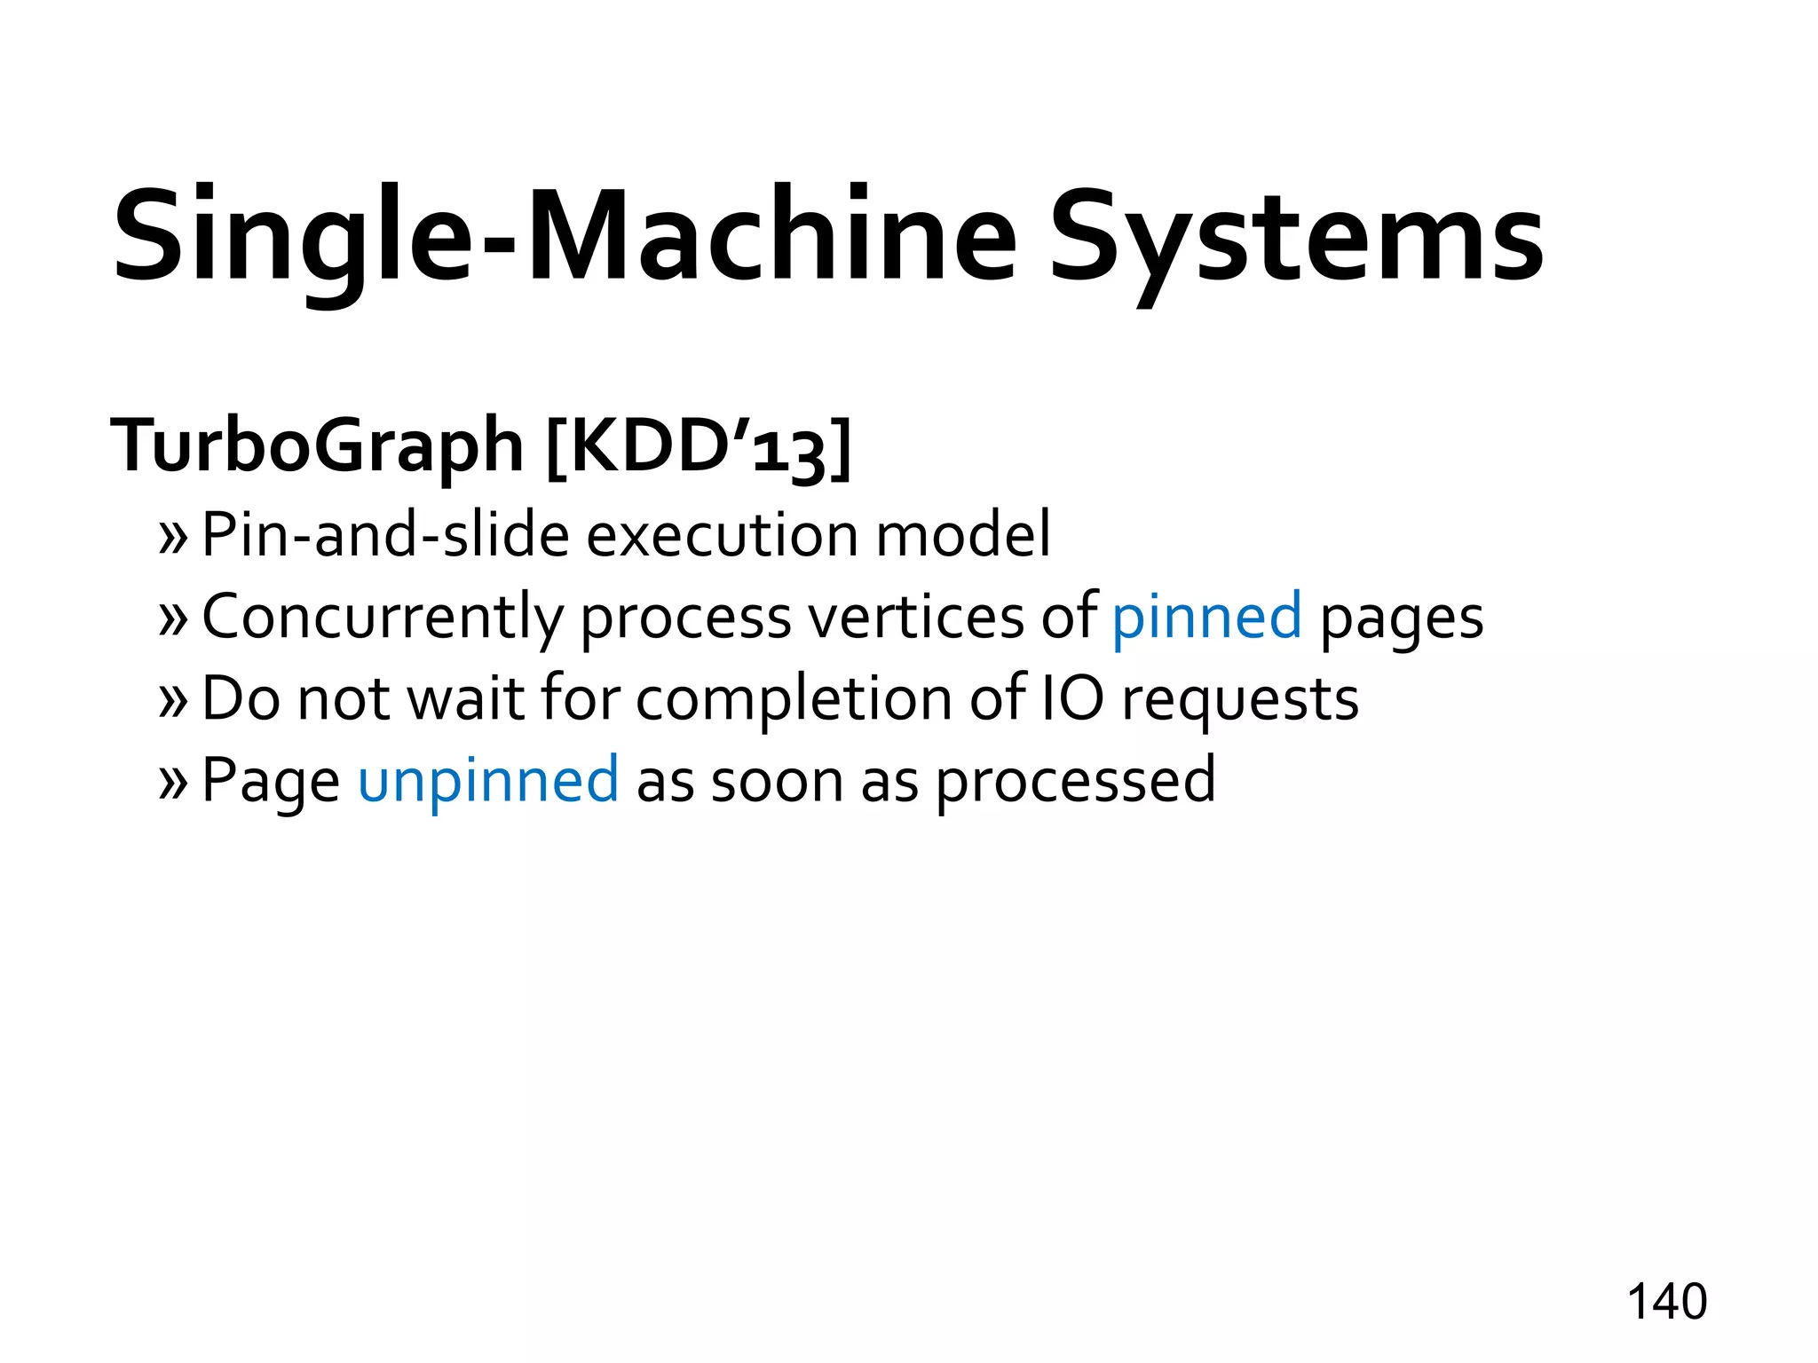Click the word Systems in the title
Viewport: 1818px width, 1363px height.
pyautogui.click(x=1296, y=238)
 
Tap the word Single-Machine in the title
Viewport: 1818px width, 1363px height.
pyautogui.click(x=565, y=238)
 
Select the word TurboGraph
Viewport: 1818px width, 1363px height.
pyautogui.click(x=317, y=445)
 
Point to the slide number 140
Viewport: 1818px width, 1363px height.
pyautogui.click(x=1666, y=1302)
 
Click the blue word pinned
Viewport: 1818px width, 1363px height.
pyautogui.click(x=1206, y=617)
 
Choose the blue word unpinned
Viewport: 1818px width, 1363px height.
pyautogui.click(x=487, y=780)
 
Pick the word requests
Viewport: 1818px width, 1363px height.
pyautogui.click(x=1240, y=700)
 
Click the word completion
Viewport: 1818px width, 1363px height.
pyautogui.click(x=793, y=700)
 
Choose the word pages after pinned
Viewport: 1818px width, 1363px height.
pyautogui.click(x=1402, y=618)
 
